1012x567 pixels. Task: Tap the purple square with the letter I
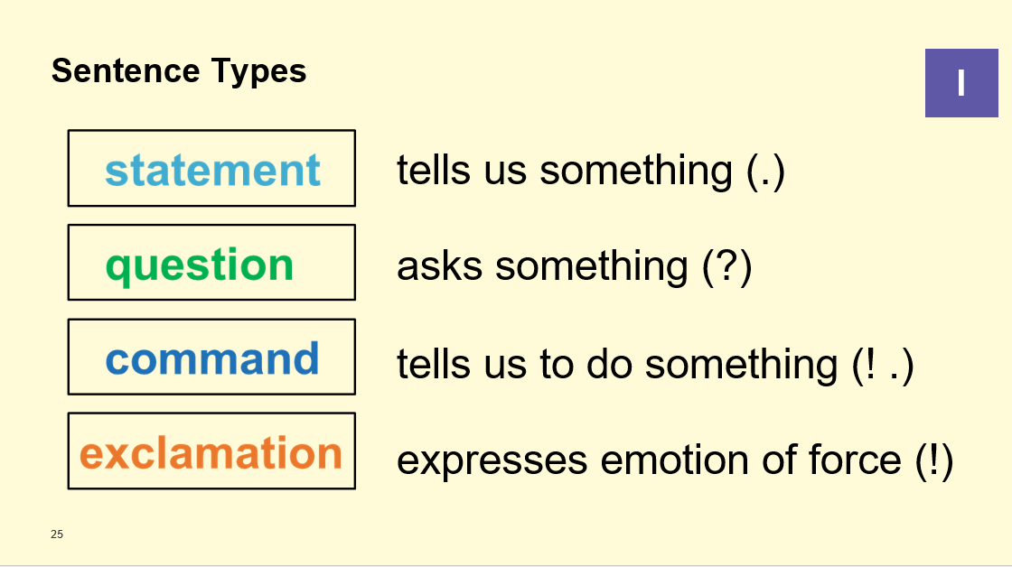point(961,82)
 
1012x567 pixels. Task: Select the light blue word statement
point(212,171)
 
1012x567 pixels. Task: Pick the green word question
point(200,265)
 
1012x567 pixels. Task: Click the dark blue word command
point(212,358)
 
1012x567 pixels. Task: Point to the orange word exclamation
point(211,452)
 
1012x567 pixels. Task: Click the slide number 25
point(57,534)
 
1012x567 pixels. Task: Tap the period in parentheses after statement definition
point(765,172)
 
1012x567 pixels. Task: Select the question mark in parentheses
point(727,266)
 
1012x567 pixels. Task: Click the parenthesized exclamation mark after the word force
point(934,460)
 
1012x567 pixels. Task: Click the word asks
point(439,265)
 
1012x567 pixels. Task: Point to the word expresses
point(492,462)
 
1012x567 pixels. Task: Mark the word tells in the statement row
point(434,171)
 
